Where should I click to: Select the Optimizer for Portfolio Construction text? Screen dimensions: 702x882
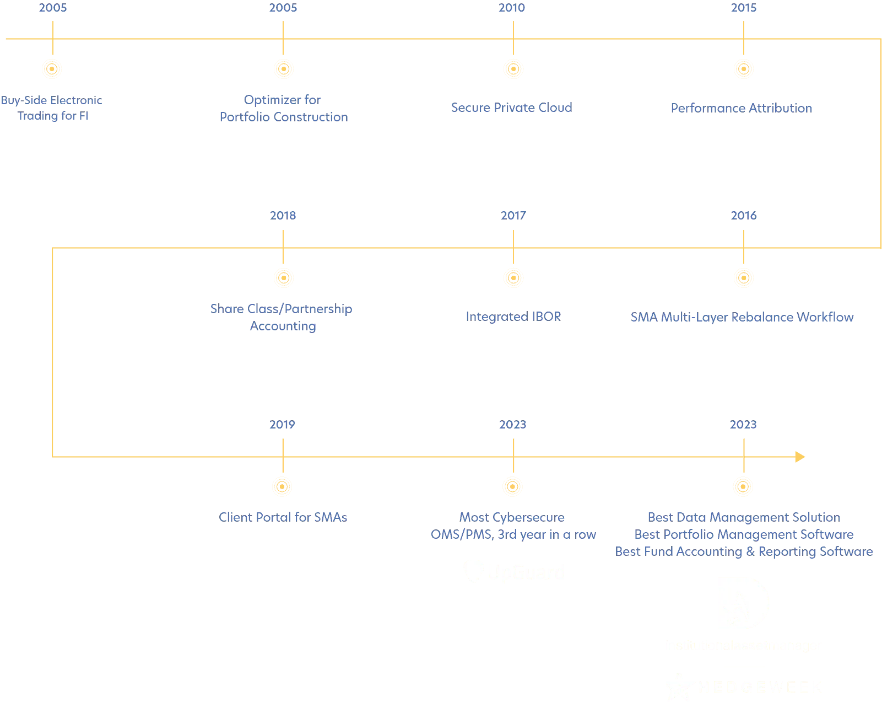284,109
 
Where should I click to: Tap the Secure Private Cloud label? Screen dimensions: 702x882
511,108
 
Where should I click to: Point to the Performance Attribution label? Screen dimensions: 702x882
742,108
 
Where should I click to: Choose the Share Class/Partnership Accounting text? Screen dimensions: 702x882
282,317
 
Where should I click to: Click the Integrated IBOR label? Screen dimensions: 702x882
513,316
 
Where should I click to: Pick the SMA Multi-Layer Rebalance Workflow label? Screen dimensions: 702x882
742,317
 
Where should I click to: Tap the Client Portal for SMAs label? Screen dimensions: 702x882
283,518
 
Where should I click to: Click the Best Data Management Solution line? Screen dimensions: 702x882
744,518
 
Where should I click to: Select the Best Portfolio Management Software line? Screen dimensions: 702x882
744,535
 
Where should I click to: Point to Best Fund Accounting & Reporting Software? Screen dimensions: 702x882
744,551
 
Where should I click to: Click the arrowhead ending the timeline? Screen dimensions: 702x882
799,457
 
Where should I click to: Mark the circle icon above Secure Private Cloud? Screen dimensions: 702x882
513,69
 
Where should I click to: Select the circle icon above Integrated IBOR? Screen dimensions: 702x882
513,278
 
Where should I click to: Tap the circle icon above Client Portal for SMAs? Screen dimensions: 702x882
282,487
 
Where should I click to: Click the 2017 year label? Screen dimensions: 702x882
513,215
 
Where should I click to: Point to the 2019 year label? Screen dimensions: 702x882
282,425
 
